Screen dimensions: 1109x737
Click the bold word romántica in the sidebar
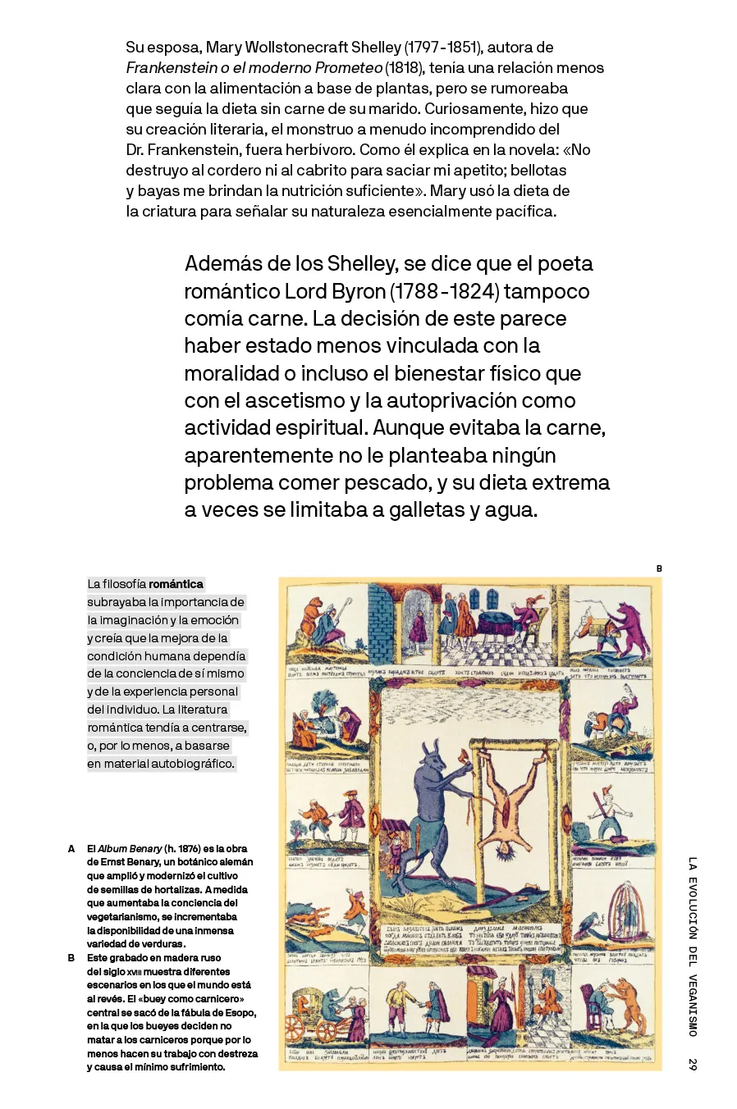coord(176,584)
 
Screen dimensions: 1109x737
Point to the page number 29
coord(693,1064)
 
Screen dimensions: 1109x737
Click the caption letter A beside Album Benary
coord(71,849)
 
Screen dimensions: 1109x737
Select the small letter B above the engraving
coord(659,568)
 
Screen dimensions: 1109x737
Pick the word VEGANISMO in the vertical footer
coord(693,1006)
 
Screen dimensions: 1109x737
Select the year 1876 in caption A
coord(189,849)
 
